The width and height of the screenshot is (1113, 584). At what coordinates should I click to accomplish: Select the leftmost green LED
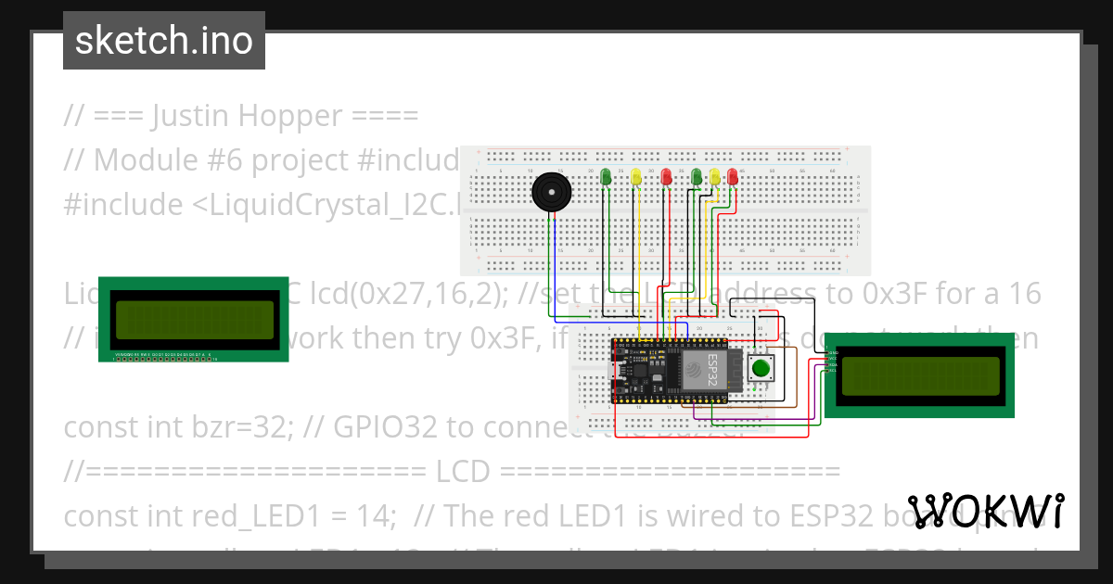pyautogui.click(x=606, y=176)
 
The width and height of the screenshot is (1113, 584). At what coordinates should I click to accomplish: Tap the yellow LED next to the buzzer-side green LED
pyautogui.click(x=635, y=176)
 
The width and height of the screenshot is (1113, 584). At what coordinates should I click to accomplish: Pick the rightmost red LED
pyautogui.click(x=733, y=176)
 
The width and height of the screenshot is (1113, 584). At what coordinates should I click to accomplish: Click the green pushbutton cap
pyautogui.click(x=761, y=368)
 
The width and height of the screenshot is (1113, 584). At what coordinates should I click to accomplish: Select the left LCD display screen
pyautogui.click(x=194, y=320)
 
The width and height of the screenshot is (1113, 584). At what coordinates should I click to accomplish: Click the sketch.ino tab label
pyautogui.click(x=164, y=41)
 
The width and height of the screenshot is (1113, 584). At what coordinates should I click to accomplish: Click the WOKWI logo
pyautogui.click(x=986, y=512)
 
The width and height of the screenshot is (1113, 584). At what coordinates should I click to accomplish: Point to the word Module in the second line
pyautogui.click(x=134, y=159)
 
